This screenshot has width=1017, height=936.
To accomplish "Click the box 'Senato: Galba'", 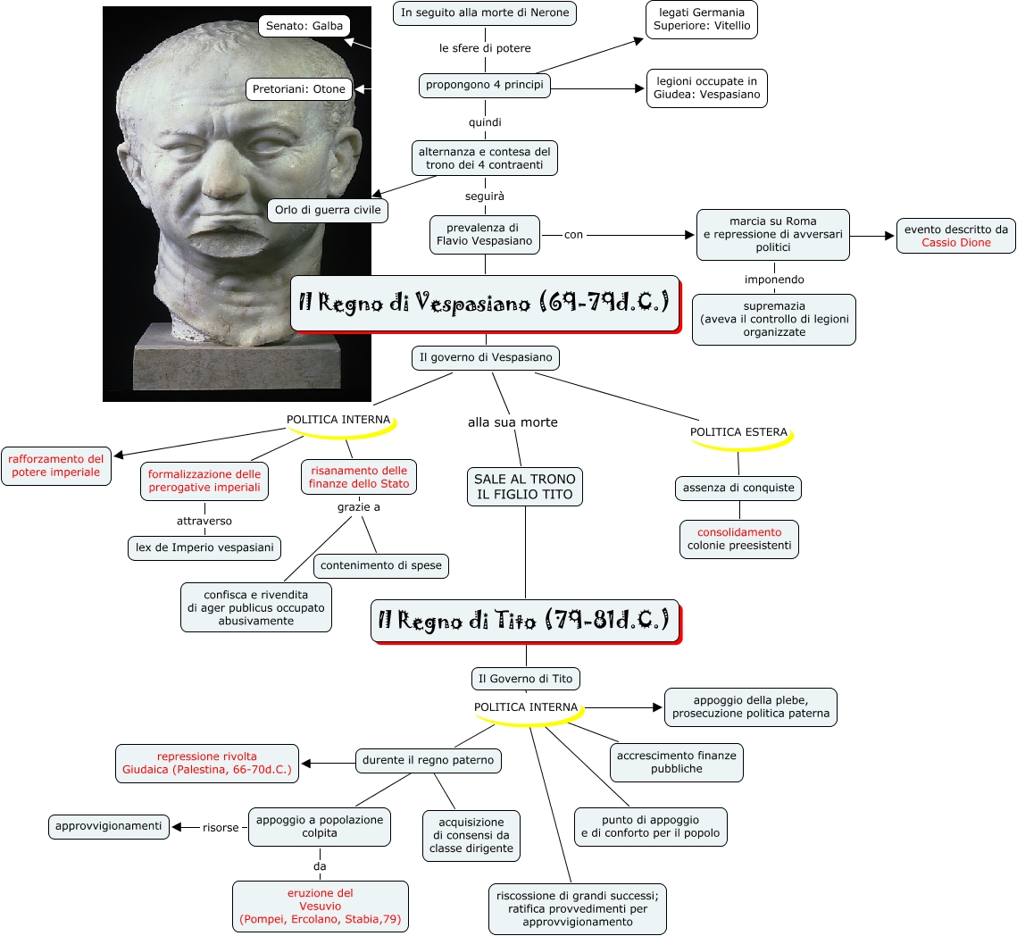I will (x=304, y=26).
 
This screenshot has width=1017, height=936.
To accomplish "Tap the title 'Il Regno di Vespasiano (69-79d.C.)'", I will (x=484, y=303).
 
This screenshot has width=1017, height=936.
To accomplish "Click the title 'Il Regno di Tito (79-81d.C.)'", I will (x=524, y=621).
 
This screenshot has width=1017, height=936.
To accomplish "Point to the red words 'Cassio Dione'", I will (x=956, y=243).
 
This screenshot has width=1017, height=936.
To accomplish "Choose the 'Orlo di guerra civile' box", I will (x=328, y=211).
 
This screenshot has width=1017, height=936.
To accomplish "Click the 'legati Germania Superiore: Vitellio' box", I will (x=702, y=20).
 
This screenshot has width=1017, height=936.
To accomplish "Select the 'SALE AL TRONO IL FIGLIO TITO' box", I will (x=525, y=487).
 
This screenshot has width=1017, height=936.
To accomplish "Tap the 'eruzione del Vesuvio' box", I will (x=321, y=906).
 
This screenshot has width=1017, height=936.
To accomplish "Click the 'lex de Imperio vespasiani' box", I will (x=204, y=547).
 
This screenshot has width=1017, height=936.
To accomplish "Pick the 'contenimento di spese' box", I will (x=380, y=565).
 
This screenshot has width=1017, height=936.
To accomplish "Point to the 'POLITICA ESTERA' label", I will (x=738, y=432).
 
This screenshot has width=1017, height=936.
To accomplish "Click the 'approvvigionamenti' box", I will (x=108, y=826).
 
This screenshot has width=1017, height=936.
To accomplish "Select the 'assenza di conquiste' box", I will (x=738, y=489).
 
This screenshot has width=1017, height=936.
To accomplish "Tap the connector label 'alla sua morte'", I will (x=513, y=422).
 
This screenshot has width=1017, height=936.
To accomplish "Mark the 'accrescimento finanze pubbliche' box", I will (x=676, y=762).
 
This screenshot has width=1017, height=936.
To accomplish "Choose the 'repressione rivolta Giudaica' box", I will (x=206, y=763).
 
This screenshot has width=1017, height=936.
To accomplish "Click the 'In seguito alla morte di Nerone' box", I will (x=485, y=13).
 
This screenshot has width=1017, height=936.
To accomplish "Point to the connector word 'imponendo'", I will (x=774, y=280).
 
